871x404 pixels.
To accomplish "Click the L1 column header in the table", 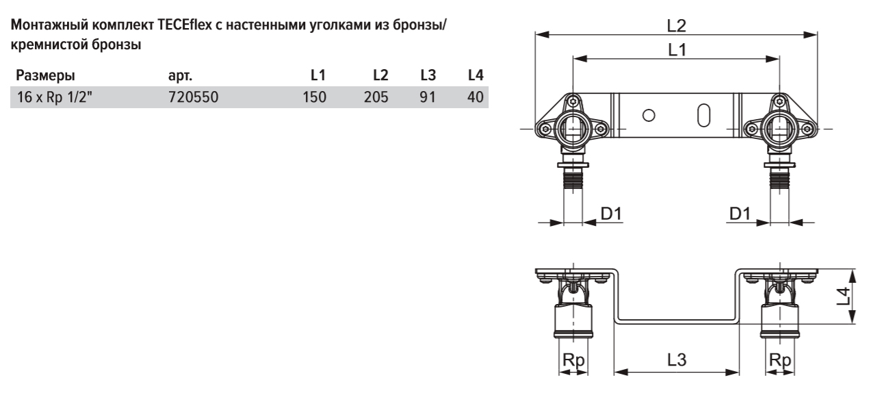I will pyautogui.click(x=318, y=74).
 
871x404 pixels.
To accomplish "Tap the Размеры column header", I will pyautogui.click(x=46, y=74).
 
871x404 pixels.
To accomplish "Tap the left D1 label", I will pyautogui.click(x=611, y=214).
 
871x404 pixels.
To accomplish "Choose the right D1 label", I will pyautogui.click(x=740, y=214).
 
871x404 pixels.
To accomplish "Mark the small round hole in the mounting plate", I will pyautogui.click(x=653, y=115).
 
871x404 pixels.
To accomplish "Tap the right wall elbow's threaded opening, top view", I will pyautogui.click(x=779, y=128).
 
